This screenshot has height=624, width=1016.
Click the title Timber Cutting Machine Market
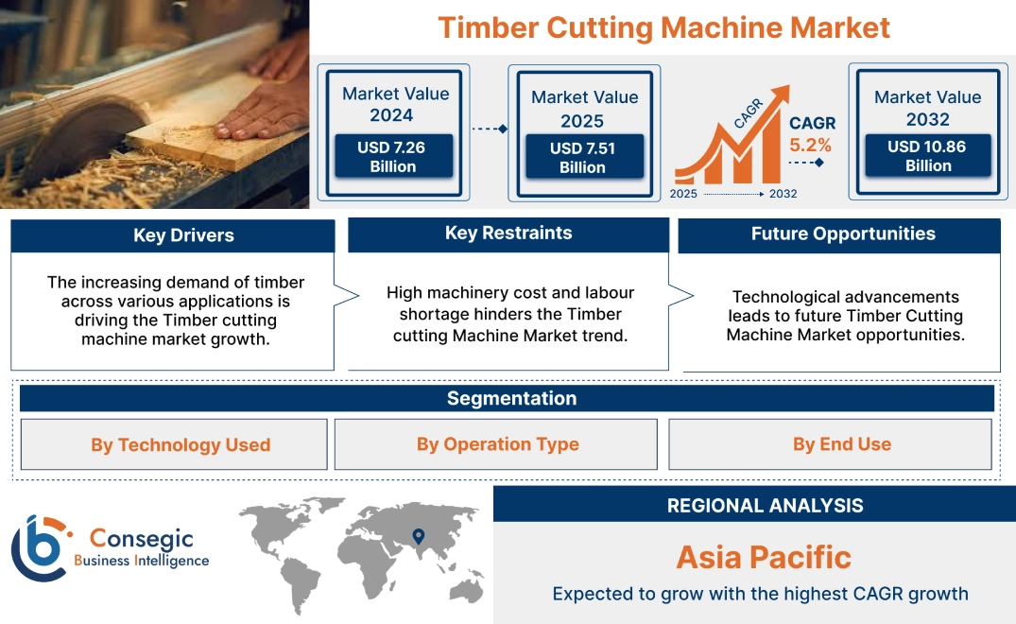pyautogui.click(x=663, y=27)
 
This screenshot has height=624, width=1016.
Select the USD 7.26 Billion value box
pyautogui.click(x=392, y=156)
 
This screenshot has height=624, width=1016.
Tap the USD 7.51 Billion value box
pyautogui.click(x=582, y=157)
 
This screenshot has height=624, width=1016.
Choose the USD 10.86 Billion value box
pyautogui.click(x=927, y=156)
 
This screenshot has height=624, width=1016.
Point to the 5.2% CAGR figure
pyautogui.click(x=810, y=145)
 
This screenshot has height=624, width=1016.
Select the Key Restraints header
pyautogui.click(x=508, y=234)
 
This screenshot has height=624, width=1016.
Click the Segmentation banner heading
pyautogui.click(x=511, y=398)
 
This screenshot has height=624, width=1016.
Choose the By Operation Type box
pyautogui.click(x=497, y=444)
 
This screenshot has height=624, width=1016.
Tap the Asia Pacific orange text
pyautogui.click(x=764, y=557)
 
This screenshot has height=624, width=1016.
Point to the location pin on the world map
pyautogui.click(x=417, y=537)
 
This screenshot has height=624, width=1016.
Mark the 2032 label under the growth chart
pyautogui.click(x=783, y=194)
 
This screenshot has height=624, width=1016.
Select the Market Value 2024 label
pyautogui.click(x=395, y=104)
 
